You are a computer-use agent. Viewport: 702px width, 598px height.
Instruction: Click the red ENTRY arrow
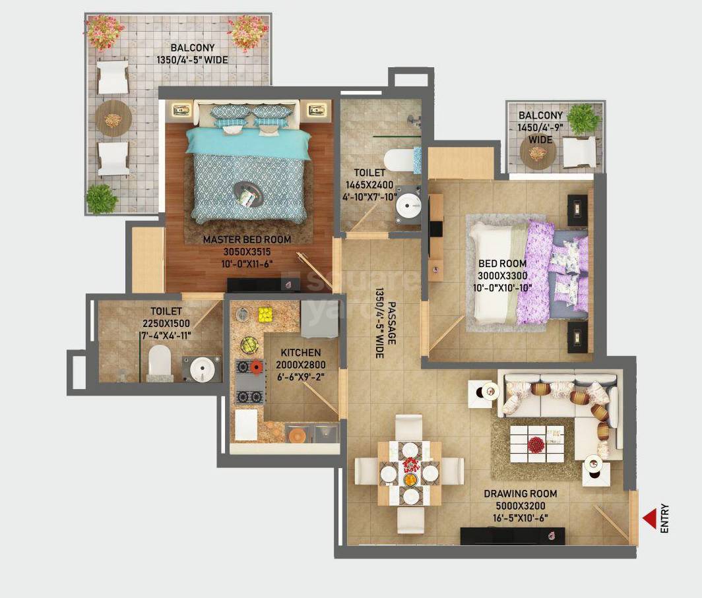coord(651,518)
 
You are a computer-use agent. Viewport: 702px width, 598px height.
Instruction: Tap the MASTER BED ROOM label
coord(247,239)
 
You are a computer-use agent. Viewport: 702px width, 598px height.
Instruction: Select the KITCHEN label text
coord(300,353)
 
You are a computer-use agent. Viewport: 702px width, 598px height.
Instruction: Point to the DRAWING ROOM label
coord(520,493)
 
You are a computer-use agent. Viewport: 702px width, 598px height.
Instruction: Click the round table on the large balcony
coord(113,119)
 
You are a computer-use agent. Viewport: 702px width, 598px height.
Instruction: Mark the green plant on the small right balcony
coord(583,119)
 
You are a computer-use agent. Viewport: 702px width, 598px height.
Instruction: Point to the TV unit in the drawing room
coord(513,535)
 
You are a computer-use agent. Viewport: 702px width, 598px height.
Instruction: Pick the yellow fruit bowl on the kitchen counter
coord(265,314)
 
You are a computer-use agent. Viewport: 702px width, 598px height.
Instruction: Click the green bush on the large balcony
coord(102,198)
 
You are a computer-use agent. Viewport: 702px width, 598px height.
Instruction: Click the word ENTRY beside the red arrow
coord(664,518)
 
